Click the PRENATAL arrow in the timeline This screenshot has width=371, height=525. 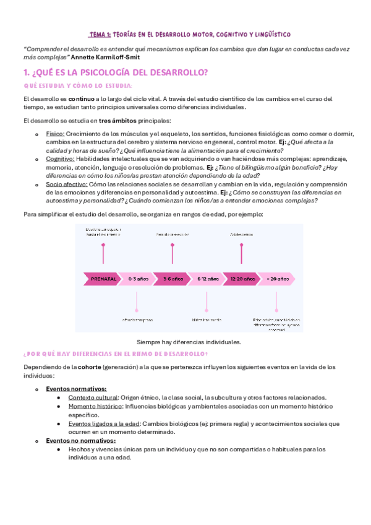(102, 279)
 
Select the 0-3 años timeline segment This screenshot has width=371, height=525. (137, 279)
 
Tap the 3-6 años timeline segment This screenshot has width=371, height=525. (173, 279)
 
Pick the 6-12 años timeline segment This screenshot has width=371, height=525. (208, 279)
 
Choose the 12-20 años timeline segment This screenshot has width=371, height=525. (242, 279)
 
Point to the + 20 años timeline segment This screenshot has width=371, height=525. (278, 279)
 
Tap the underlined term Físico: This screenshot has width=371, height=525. (55, 134)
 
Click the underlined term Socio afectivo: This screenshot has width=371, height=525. (67, 184)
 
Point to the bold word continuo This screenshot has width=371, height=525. (81, 98)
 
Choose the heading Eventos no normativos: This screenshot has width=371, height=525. (81, 440)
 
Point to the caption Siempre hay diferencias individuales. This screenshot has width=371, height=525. (189, 342)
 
